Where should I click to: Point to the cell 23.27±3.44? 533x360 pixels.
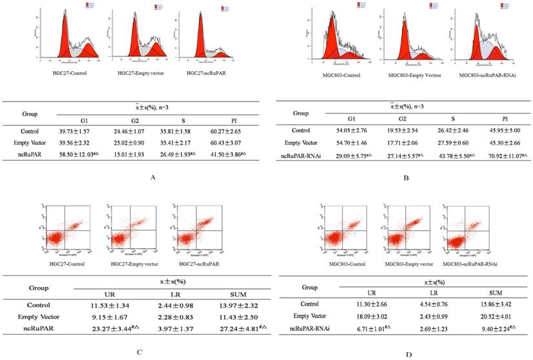pos(114,328)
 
